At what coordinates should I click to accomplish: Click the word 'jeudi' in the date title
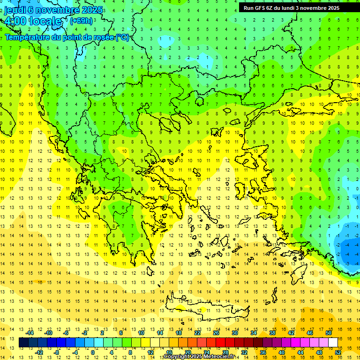pyautogui.click(x=14, y=10)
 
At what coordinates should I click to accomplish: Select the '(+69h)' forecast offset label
pyautogui.click(x=81, y=21)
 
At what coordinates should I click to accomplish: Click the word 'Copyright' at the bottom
pyautogui.click(x=177, y=357)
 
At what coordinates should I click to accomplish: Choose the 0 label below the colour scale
pyautogui.click(x=93, y=352)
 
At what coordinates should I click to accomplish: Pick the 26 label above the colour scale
pyautogui.click(x=216, y=333)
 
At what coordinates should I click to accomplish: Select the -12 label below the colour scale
pyautogui.click(x=39, y=352)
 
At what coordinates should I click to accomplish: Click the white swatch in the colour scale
pyautogui.click(x=333, y=343)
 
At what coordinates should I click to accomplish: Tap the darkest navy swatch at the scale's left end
pyautogui.click(x=23, y=343)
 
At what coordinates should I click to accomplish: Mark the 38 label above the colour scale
pyautogui.click(x=272, y=333)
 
